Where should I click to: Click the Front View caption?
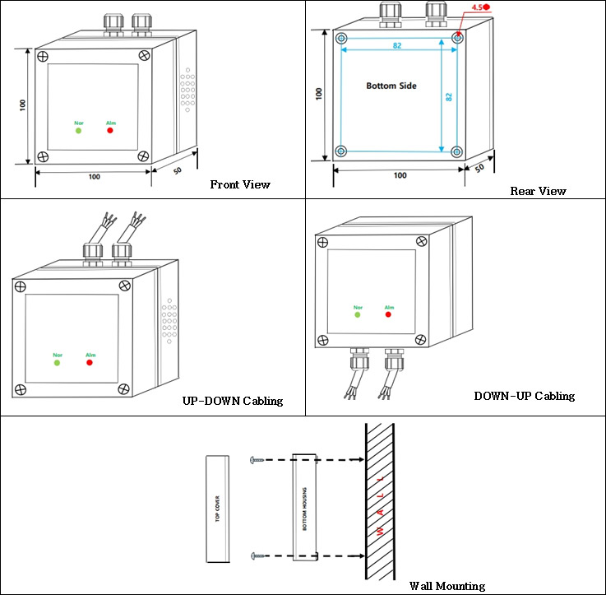(240, 184)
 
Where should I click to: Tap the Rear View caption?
(538, 191)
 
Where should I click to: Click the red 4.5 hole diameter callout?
(480, 7)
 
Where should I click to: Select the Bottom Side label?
(391, 86)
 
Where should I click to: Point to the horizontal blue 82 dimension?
(397, 45)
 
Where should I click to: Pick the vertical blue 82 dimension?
(449, 97)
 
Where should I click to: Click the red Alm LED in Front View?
(110, 130)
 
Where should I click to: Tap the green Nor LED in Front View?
(78, 131)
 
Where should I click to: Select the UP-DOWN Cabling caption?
(233, 401)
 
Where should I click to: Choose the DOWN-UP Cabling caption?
(525, 396)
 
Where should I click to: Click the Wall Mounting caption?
(447, 586)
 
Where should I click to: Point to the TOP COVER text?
(217, 509)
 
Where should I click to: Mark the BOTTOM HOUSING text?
(304, 509)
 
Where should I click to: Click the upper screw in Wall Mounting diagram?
(257, 460)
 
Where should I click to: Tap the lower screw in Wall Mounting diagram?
(258, 556)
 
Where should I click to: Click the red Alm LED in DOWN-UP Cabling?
(388, 314)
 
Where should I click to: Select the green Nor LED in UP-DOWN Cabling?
(58, 363)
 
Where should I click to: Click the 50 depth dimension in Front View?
(178, 170)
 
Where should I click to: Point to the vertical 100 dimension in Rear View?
(319, 94)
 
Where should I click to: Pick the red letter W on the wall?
(381, 530)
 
